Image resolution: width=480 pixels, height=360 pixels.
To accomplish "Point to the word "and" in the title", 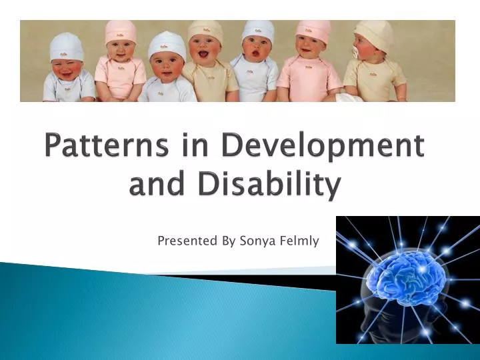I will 160,185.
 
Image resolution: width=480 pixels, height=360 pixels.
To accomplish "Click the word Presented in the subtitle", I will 187,241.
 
